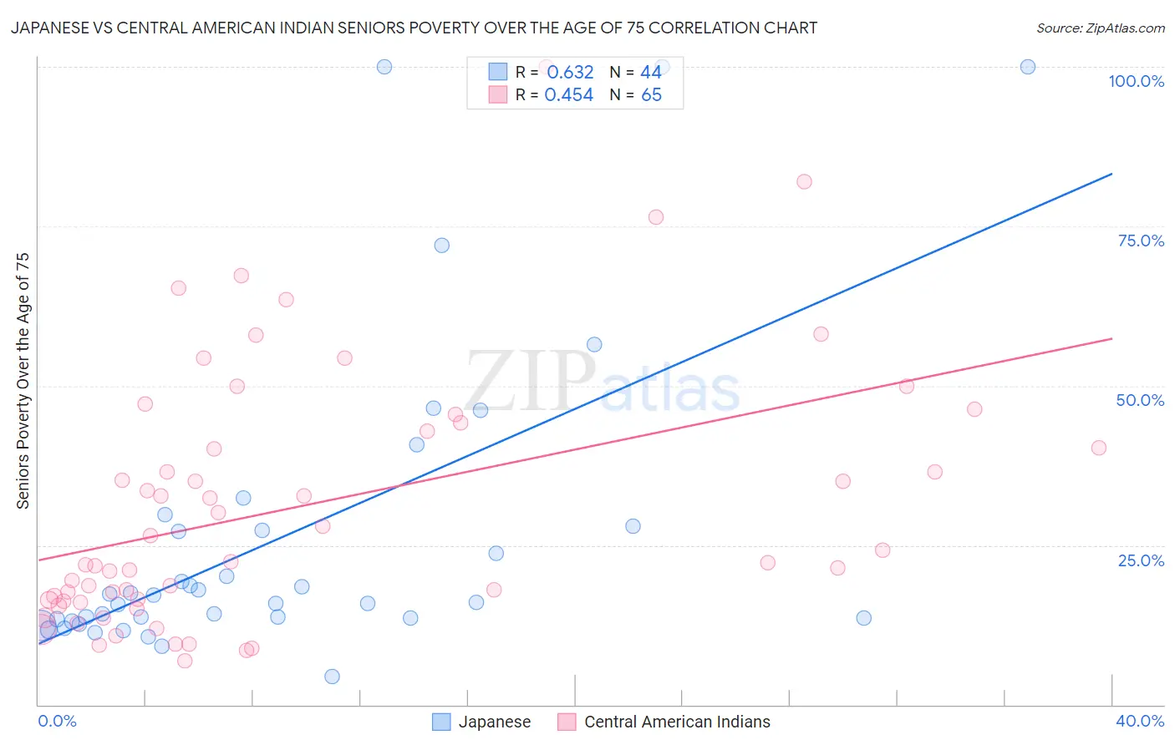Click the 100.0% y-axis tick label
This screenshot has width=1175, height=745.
[1136, 81]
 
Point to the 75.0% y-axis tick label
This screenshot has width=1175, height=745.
[1141, 241]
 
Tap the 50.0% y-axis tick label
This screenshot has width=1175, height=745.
[1140, 400]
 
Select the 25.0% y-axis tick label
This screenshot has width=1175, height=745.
[1141, 560]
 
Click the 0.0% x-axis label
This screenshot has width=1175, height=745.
[57, 721]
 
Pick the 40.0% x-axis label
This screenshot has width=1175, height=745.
[1140, 721]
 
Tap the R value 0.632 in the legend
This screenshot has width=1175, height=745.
[570, 73]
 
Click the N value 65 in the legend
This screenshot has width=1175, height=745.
[651, 95]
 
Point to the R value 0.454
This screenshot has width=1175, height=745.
[568, 95]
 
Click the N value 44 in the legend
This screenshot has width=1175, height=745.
[651, 73]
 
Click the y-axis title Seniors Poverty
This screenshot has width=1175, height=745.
[23, 380]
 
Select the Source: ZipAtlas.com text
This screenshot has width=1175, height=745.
[1100, 28]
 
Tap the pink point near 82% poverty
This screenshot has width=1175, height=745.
[804, 182]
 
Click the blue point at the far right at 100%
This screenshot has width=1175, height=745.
[1028, 67]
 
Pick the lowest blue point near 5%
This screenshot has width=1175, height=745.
[332, 677]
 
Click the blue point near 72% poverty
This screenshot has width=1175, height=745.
[442, 246]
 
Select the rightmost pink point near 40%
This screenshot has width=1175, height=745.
[1099, 448]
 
